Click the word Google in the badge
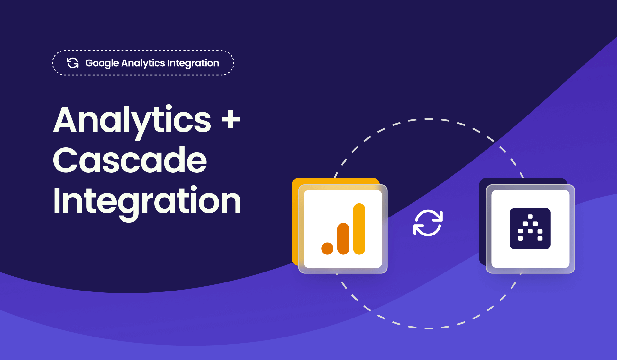[x=102, y=63]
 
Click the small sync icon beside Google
[x=73, y=63]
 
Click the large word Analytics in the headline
[x=132, y=121]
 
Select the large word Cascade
[x=130, y=160]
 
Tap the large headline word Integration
[x=147, y=201]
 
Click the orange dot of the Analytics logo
[x=327, y=248]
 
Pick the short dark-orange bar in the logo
[x=343, y=239]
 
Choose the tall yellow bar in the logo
[x=359, y=229]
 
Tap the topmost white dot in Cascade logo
[x=530, y=217]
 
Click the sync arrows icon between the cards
[x=428, y=223]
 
